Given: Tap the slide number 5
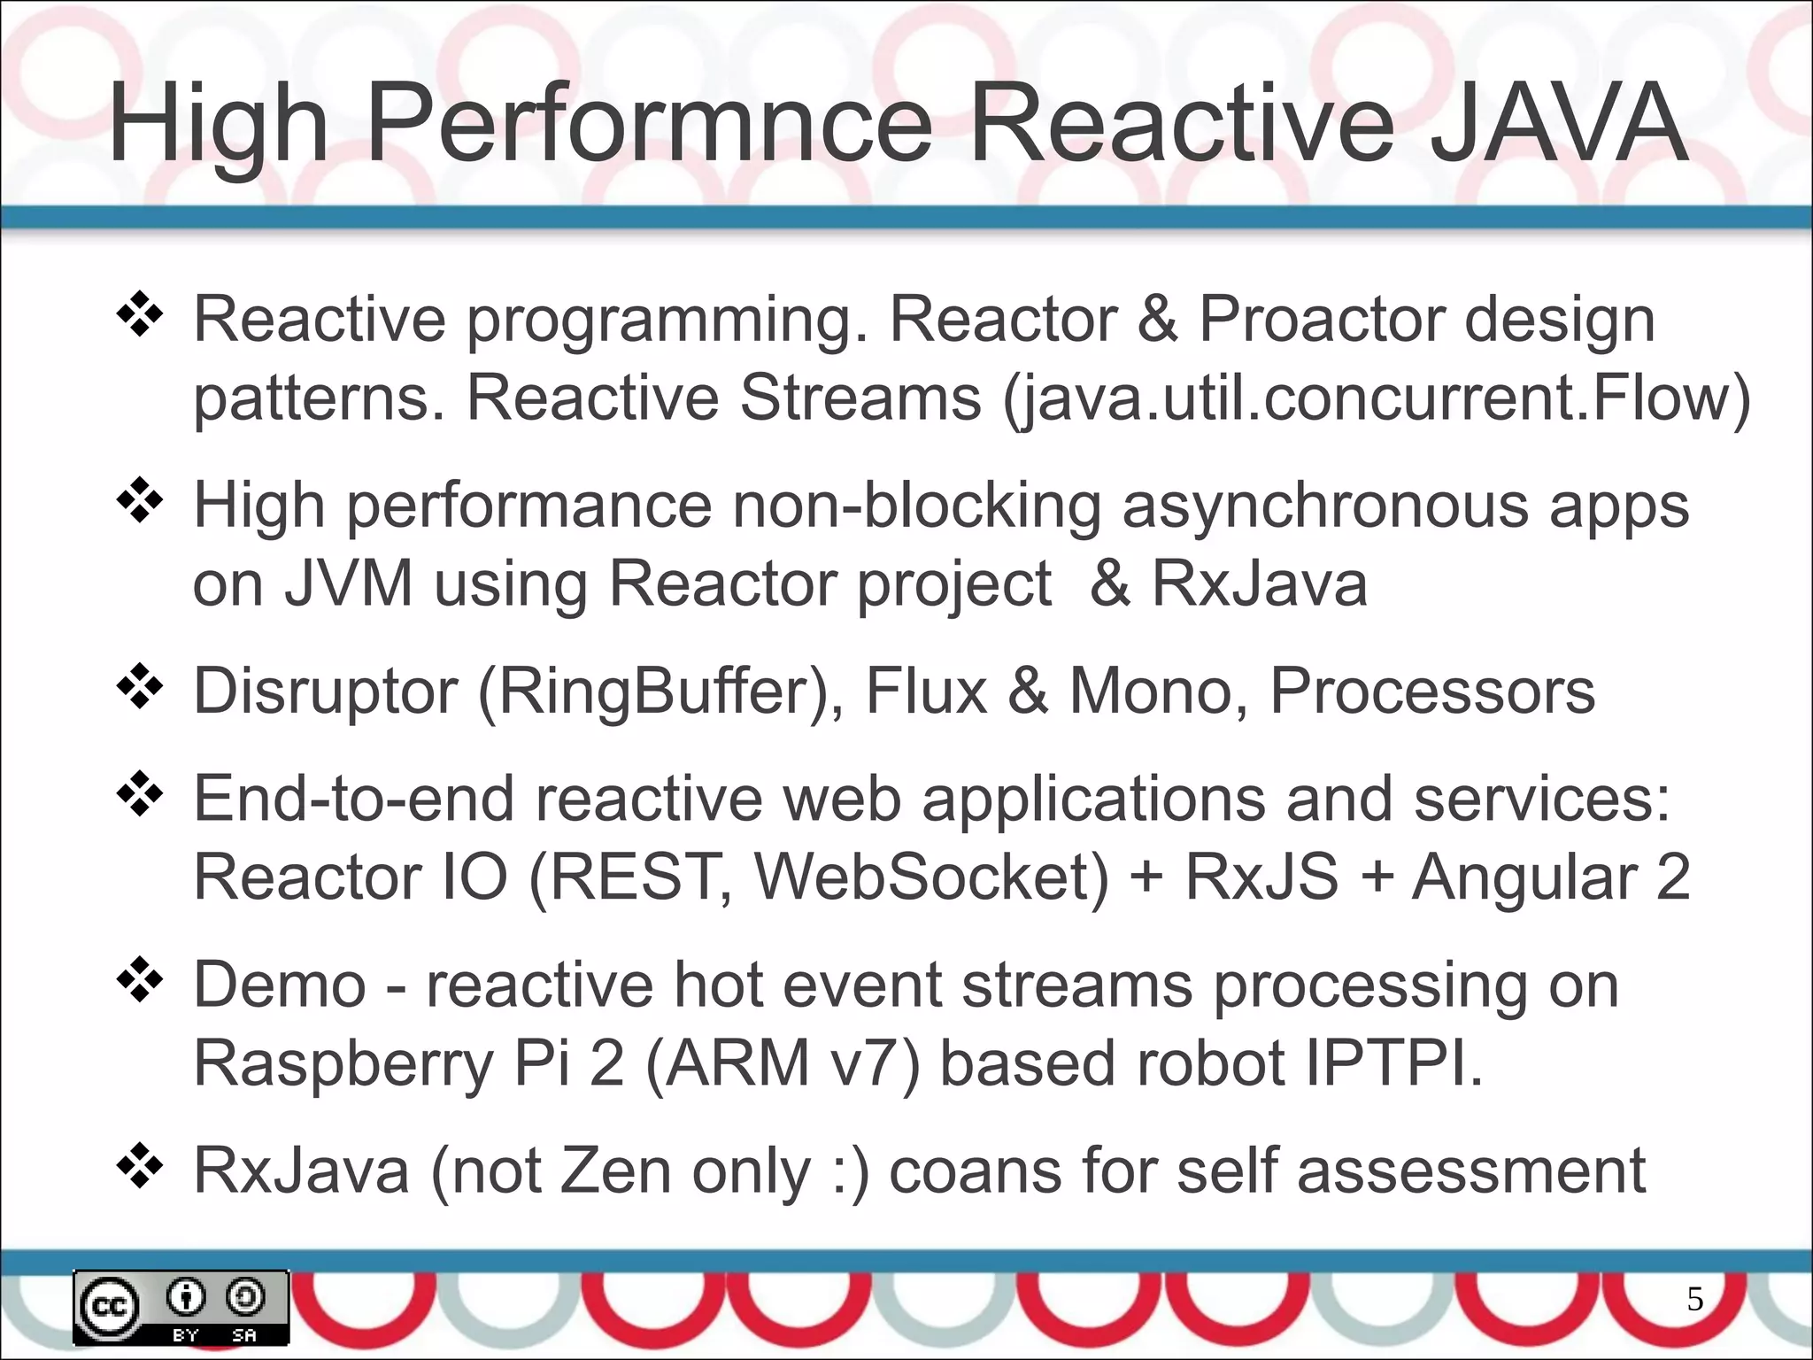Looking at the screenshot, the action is [1694, 1299].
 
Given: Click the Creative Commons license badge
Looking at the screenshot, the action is [181, 1308].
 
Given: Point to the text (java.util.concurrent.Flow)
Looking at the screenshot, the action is [1377, 398].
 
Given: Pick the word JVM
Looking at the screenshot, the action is [348, 584].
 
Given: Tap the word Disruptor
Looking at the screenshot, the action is [325, 692].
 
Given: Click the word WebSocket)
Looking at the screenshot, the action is [930, 877].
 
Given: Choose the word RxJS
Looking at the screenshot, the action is [1261, 877].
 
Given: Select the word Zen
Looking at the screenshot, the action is [615, 1171].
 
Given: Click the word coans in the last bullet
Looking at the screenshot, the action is [975, 1171].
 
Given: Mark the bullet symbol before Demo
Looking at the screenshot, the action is [140, 981].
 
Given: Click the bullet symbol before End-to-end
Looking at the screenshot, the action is [140, 795].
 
